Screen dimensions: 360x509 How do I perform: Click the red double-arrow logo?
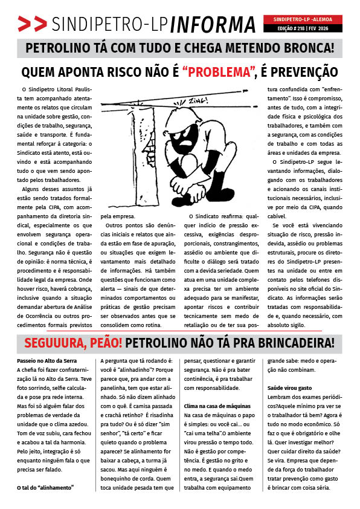click(x=32, y=24)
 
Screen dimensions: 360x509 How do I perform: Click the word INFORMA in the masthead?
click(x=213, y=24)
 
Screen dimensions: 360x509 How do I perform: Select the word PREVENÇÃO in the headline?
click(x=299, y=73)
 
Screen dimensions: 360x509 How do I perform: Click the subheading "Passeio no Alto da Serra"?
click(x=51, y=361)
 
